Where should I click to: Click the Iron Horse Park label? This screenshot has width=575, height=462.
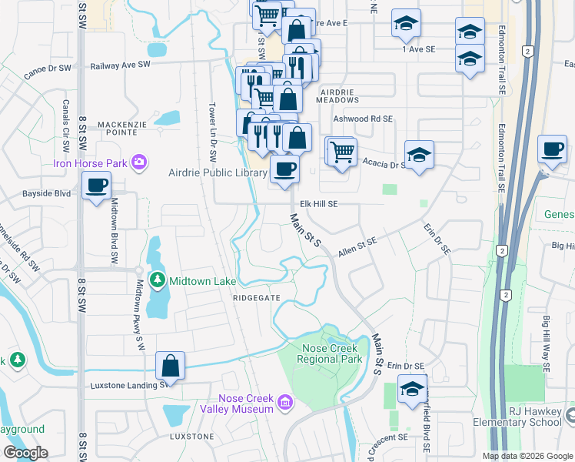click(90, 162)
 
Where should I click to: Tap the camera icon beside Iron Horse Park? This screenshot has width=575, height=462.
click(139, 162)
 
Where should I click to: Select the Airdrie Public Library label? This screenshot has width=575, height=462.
click(216, 173)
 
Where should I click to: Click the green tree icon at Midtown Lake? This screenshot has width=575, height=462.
click(158, 280)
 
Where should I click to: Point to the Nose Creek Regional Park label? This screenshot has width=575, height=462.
click(330, 353)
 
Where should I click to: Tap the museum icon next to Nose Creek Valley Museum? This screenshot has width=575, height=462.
click(285, 402)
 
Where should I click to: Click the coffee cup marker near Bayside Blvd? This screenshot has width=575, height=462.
click(97, 186)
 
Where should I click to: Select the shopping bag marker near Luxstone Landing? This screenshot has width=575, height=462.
click(170, 366)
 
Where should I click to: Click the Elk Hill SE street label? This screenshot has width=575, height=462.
click(319, 204)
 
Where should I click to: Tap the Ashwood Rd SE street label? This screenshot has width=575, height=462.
click(362, 119)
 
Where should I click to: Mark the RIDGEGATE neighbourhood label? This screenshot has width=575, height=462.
click(257, 297)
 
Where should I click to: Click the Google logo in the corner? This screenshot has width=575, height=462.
click(25, 453)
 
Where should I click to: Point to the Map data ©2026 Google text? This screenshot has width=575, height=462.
click(527, 456)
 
